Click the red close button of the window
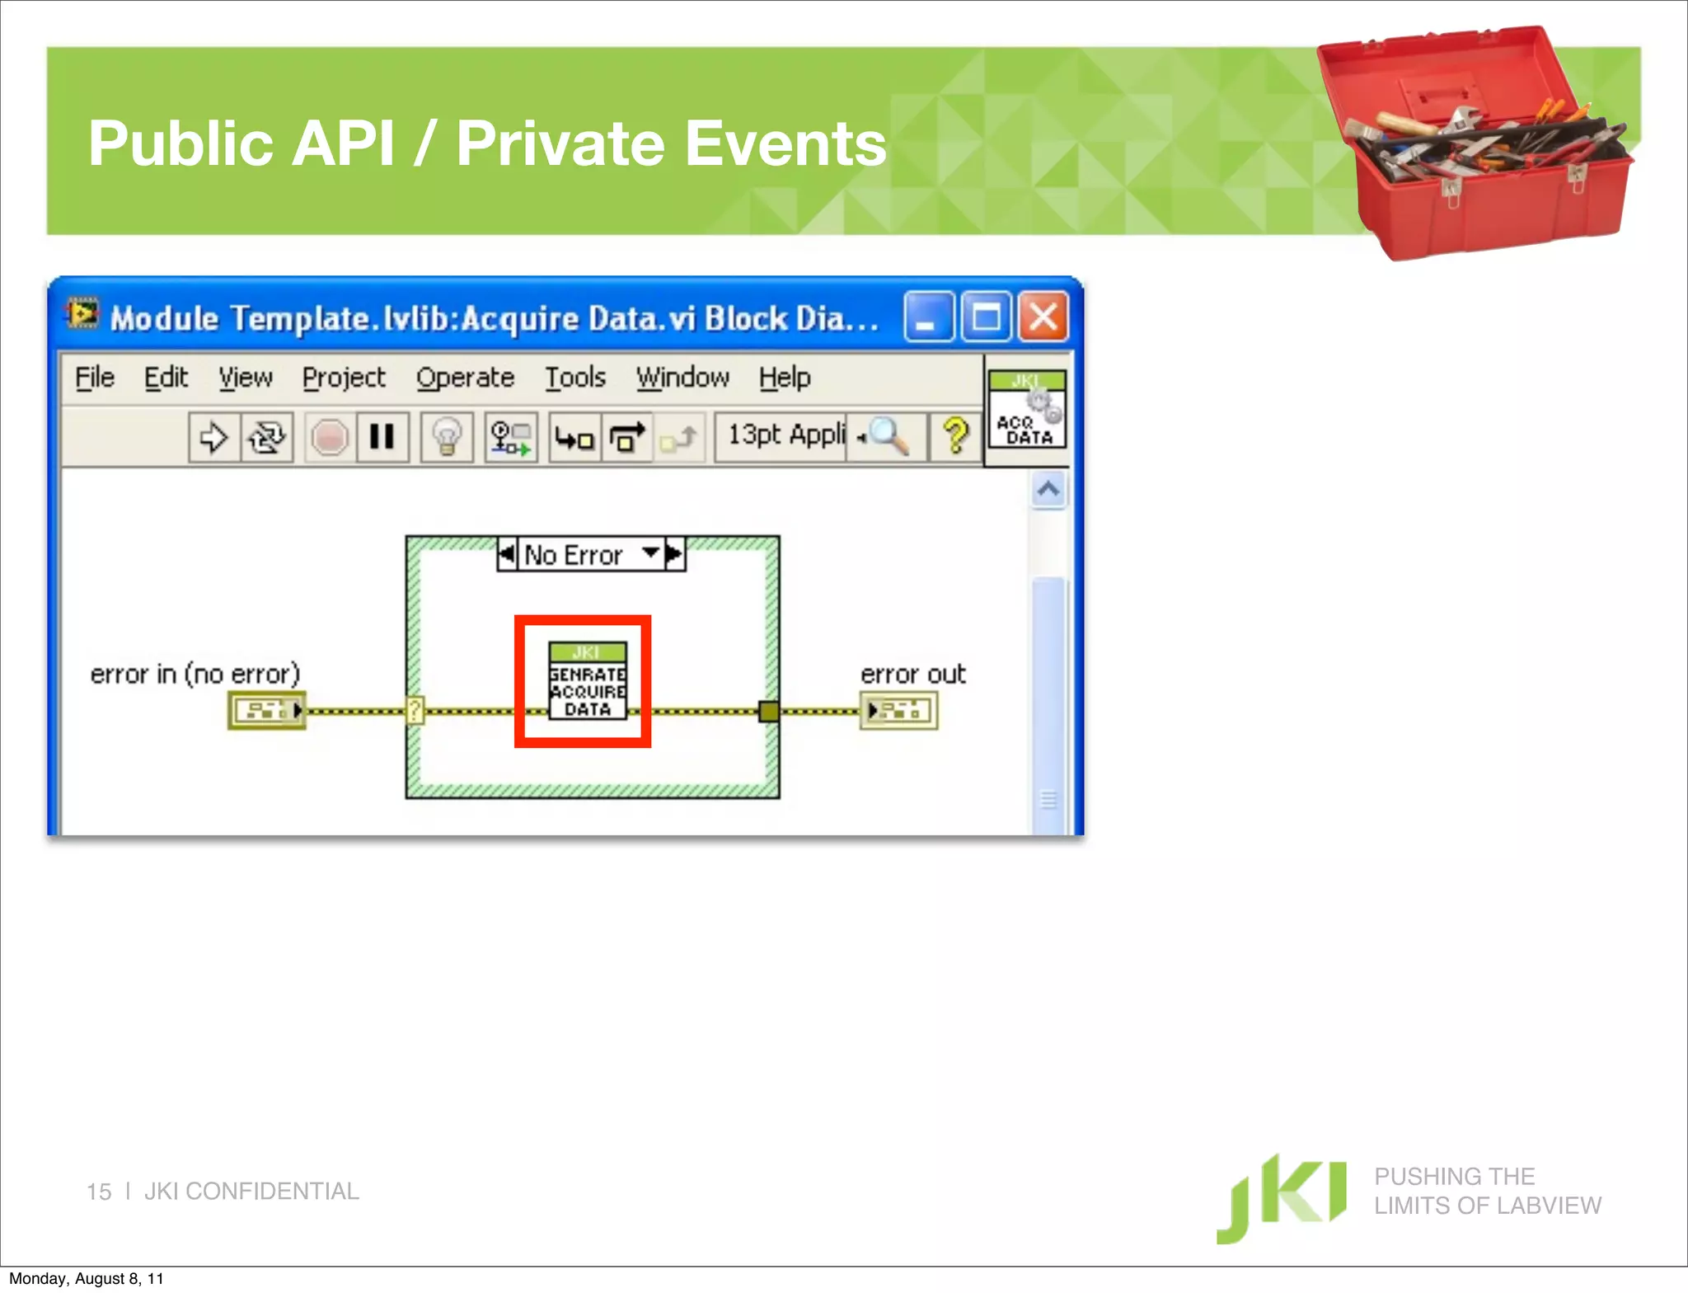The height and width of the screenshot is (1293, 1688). [1043, 317]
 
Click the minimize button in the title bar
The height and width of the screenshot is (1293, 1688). [928, 317]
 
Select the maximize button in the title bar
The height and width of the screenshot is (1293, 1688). [987, 317]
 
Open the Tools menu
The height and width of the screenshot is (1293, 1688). [574, 378]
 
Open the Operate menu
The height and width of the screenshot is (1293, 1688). [465, 378]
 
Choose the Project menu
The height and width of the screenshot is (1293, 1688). [343, 378]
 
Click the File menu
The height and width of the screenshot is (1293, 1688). [95, 378]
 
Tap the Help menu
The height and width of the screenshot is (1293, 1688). [785, 378]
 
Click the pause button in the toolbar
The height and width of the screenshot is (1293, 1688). [382, 436]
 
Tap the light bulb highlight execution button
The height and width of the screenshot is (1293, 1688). [447, 436]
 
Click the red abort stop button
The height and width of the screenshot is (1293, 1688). [329, 436]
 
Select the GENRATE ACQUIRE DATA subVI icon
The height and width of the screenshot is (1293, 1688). [587, 681]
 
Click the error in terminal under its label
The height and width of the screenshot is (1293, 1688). [266, 710]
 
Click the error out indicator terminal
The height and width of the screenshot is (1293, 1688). [898, 710]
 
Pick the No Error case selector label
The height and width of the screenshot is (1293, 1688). [574, 555]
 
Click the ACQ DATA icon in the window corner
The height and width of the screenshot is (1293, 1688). [1027, 410]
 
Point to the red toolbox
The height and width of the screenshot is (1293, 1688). [1475, 144]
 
